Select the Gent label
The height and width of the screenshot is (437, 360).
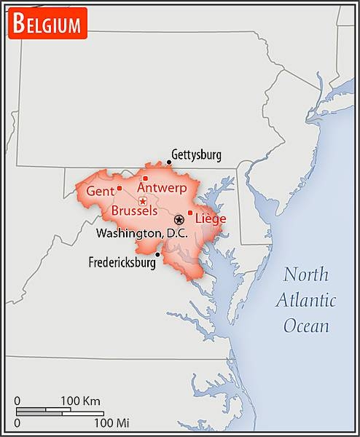[99, 191]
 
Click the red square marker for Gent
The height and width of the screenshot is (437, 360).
[120, 189]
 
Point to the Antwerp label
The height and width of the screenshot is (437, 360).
[162, 189]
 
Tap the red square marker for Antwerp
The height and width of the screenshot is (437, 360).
[145, 178]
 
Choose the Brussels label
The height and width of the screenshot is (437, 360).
[134, 210]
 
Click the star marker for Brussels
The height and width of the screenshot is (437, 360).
[143, 200]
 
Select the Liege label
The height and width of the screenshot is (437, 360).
[211, 219]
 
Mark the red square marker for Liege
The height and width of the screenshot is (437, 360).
[190, 213]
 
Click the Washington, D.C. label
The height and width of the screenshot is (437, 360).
[142, 233]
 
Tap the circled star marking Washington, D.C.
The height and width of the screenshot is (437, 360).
[179, 219]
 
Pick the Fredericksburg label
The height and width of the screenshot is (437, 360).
[122, 263]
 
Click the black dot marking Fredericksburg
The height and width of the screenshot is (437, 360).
[157, 254]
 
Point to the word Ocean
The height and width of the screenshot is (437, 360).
[306, 326]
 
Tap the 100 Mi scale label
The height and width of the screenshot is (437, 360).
[111, 422]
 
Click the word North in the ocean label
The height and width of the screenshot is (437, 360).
[306, 275]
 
